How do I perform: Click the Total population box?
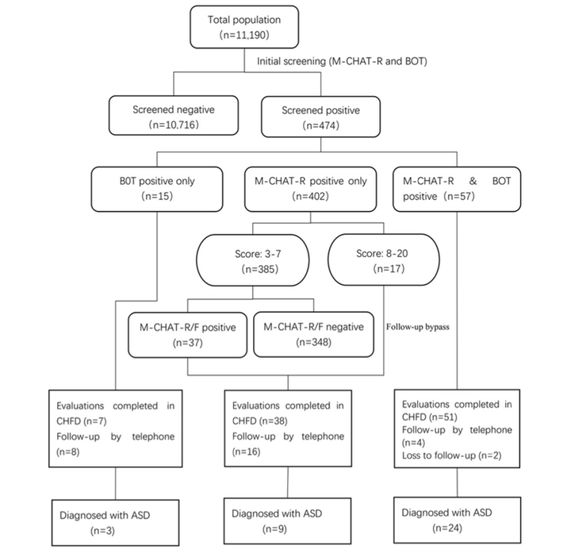(244, 27)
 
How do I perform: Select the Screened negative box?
(174, 116)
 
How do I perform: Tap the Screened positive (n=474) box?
(321, 117)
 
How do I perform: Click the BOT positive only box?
(157, 189)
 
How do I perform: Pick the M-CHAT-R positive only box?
(311, 189)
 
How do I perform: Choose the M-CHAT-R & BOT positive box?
(457, 189)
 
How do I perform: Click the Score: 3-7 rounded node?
(253, 260)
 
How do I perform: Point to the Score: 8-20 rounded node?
(384, 259)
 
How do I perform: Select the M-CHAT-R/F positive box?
(187, 335)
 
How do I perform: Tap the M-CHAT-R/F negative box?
(313, 335)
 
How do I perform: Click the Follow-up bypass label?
(418, 327)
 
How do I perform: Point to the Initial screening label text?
(342, 61)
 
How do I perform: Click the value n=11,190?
(244, 35)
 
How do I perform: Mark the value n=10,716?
(174, 125)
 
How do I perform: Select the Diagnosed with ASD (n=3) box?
(116, 522)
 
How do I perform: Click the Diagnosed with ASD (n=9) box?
(288, 521)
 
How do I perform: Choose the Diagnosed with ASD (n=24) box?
(457, 520)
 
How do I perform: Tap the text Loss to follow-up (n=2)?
(451, 455)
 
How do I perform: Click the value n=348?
(313, 342)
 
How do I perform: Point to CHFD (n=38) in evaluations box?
(260, 421)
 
